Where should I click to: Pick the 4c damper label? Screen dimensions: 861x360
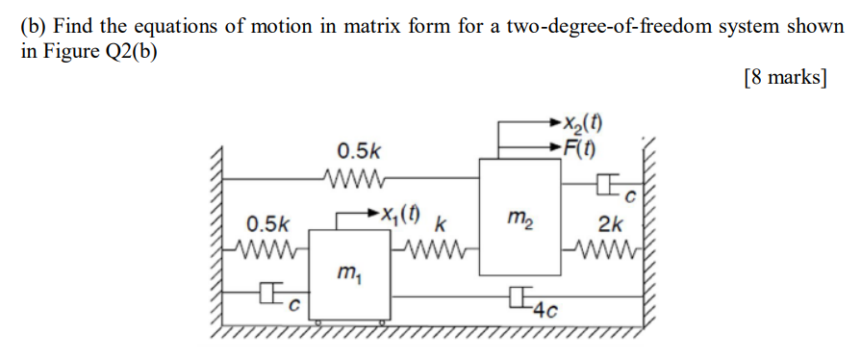(546, 310)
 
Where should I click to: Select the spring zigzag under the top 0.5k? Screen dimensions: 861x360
(356, 178)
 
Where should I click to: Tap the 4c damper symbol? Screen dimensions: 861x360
(522, 296)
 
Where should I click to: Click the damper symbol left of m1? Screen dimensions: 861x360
(274, 290)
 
